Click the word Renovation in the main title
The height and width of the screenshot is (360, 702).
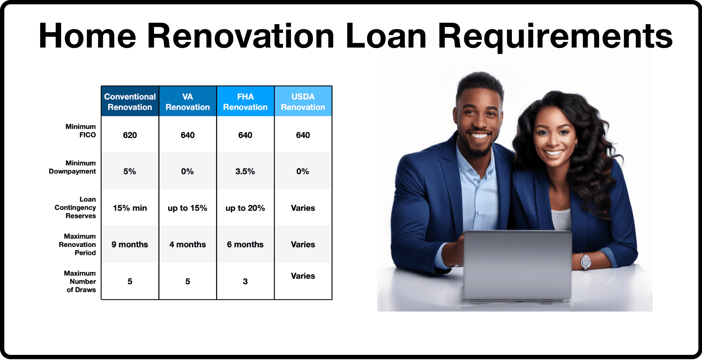[x=241, y=36]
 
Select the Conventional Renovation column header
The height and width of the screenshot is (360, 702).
[x=130, y=101]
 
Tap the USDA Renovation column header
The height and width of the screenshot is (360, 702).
[x=303, y=101]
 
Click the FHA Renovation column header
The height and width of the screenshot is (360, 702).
[x=245, y=101]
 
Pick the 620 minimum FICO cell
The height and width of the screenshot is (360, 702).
[x=130, y=135]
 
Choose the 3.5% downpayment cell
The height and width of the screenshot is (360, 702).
[x=245, y=171]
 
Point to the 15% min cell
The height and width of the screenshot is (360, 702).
[x=130, y=208]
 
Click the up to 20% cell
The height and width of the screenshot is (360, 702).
[x=245, y=208]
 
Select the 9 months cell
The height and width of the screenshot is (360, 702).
[x=130, y=244]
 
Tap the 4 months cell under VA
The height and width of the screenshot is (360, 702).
[x=188, y=244]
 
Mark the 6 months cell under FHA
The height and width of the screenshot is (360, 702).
[x=245, y=244]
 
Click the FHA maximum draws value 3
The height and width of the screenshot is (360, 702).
[x=245, y=281]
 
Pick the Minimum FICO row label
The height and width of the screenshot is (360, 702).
[x=81, y=131]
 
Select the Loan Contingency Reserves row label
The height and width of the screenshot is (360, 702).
[x=75, y=207]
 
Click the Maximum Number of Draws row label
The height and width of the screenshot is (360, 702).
[x=80, y=281]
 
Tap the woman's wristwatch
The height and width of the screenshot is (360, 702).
[x=586, y=261]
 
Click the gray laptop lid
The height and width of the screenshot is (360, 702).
[x=517, y=265]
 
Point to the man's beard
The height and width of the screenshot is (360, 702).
[x=478, y=145]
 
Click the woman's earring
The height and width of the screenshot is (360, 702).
[x=577, y=144]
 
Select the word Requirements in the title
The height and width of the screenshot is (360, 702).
[x=555, y=36]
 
